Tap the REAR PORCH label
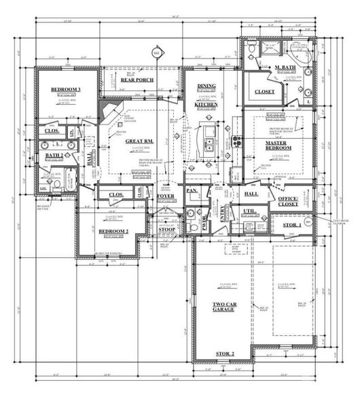(x=137, y=80)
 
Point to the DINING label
(x=206, y=86)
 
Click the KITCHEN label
(x=206, y=105)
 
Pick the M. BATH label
(x=283, y=68)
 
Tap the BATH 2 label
(x=54, y=156)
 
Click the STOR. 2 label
(x=224, y=354)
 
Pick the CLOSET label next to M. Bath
(x=264, y=92)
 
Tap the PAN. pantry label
(x=192, y=192)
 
